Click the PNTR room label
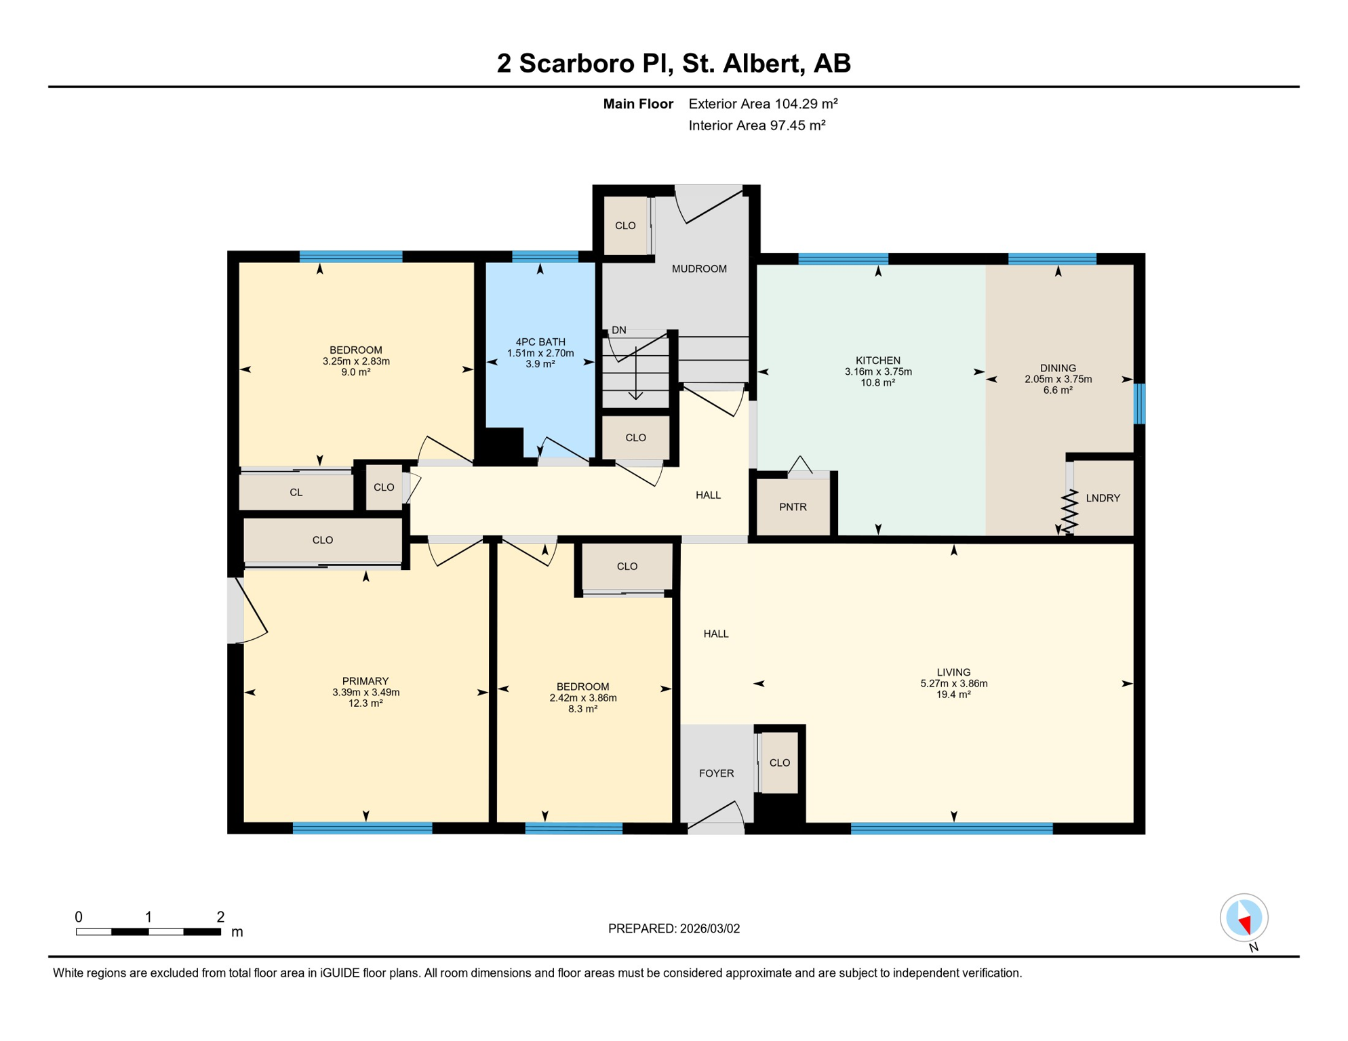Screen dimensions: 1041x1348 tap(792, 507)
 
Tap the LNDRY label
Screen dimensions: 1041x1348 tap(1103, 498)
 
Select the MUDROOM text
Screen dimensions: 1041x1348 tap(699, 269)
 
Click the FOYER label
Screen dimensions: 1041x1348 tap(716, 773)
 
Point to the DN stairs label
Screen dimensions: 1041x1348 tap(618, 330)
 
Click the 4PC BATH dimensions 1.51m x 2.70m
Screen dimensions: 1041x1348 tap(540, 353)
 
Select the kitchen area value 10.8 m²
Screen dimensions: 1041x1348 tap(877, 383)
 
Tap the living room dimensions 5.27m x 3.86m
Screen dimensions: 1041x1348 tap(953, 683)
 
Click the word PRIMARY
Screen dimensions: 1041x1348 tap(365, 681)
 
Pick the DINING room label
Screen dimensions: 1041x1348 tap(1058, 368)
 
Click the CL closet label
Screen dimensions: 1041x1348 tap(296, 493)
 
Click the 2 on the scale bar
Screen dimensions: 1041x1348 tap(220, 917)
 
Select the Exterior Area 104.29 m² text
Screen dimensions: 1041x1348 tap(763, 104)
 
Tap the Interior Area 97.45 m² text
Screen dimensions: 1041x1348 tap(757, 125)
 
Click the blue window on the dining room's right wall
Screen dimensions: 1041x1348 tap(1140, 403)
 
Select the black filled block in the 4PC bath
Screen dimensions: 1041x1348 tap(501, 445)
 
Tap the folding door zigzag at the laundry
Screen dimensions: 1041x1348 tap(1069, 512)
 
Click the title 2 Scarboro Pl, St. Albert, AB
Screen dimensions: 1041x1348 tap(673, 63)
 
